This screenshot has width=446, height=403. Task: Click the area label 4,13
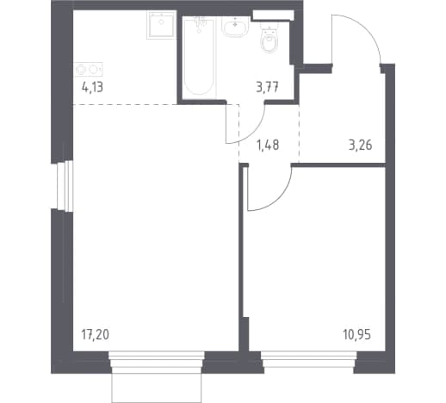click(x=92, y=87)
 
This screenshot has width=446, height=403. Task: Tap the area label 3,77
click(x=268, y=87)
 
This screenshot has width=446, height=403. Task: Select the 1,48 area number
click(x=268, y=146)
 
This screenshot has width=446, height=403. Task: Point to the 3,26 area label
click(x=361, y=146)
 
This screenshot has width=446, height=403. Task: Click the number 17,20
click(x=96, y=335)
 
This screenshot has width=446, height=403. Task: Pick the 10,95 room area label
click(x=357, y=335)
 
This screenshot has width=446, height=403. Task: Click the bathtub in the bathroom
click(x=199, y=58)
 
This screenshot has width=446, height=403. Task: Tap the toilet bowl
click(x=269, y=43)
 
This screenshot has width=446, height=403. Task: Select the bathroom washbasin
click(x=235, y=26)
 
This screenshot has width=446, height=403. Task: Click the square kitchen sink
click(x=161, y=25)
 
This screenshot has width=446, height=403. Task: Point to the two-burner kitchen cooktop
click(x=88, y=69)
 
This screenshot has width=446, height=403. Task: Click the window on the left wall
click(x=65, y=186)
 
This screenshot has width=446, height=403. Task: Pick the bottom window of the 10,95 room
click(x=309, y=359)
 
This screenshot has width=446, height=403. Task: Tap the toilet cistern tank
click(x=269, y=27)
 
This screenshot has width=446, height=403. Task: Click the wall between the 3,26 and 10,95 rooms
click(x=338, y=165)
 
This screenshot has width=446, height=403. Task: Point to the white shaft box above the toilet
click(x=273, y=15)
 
